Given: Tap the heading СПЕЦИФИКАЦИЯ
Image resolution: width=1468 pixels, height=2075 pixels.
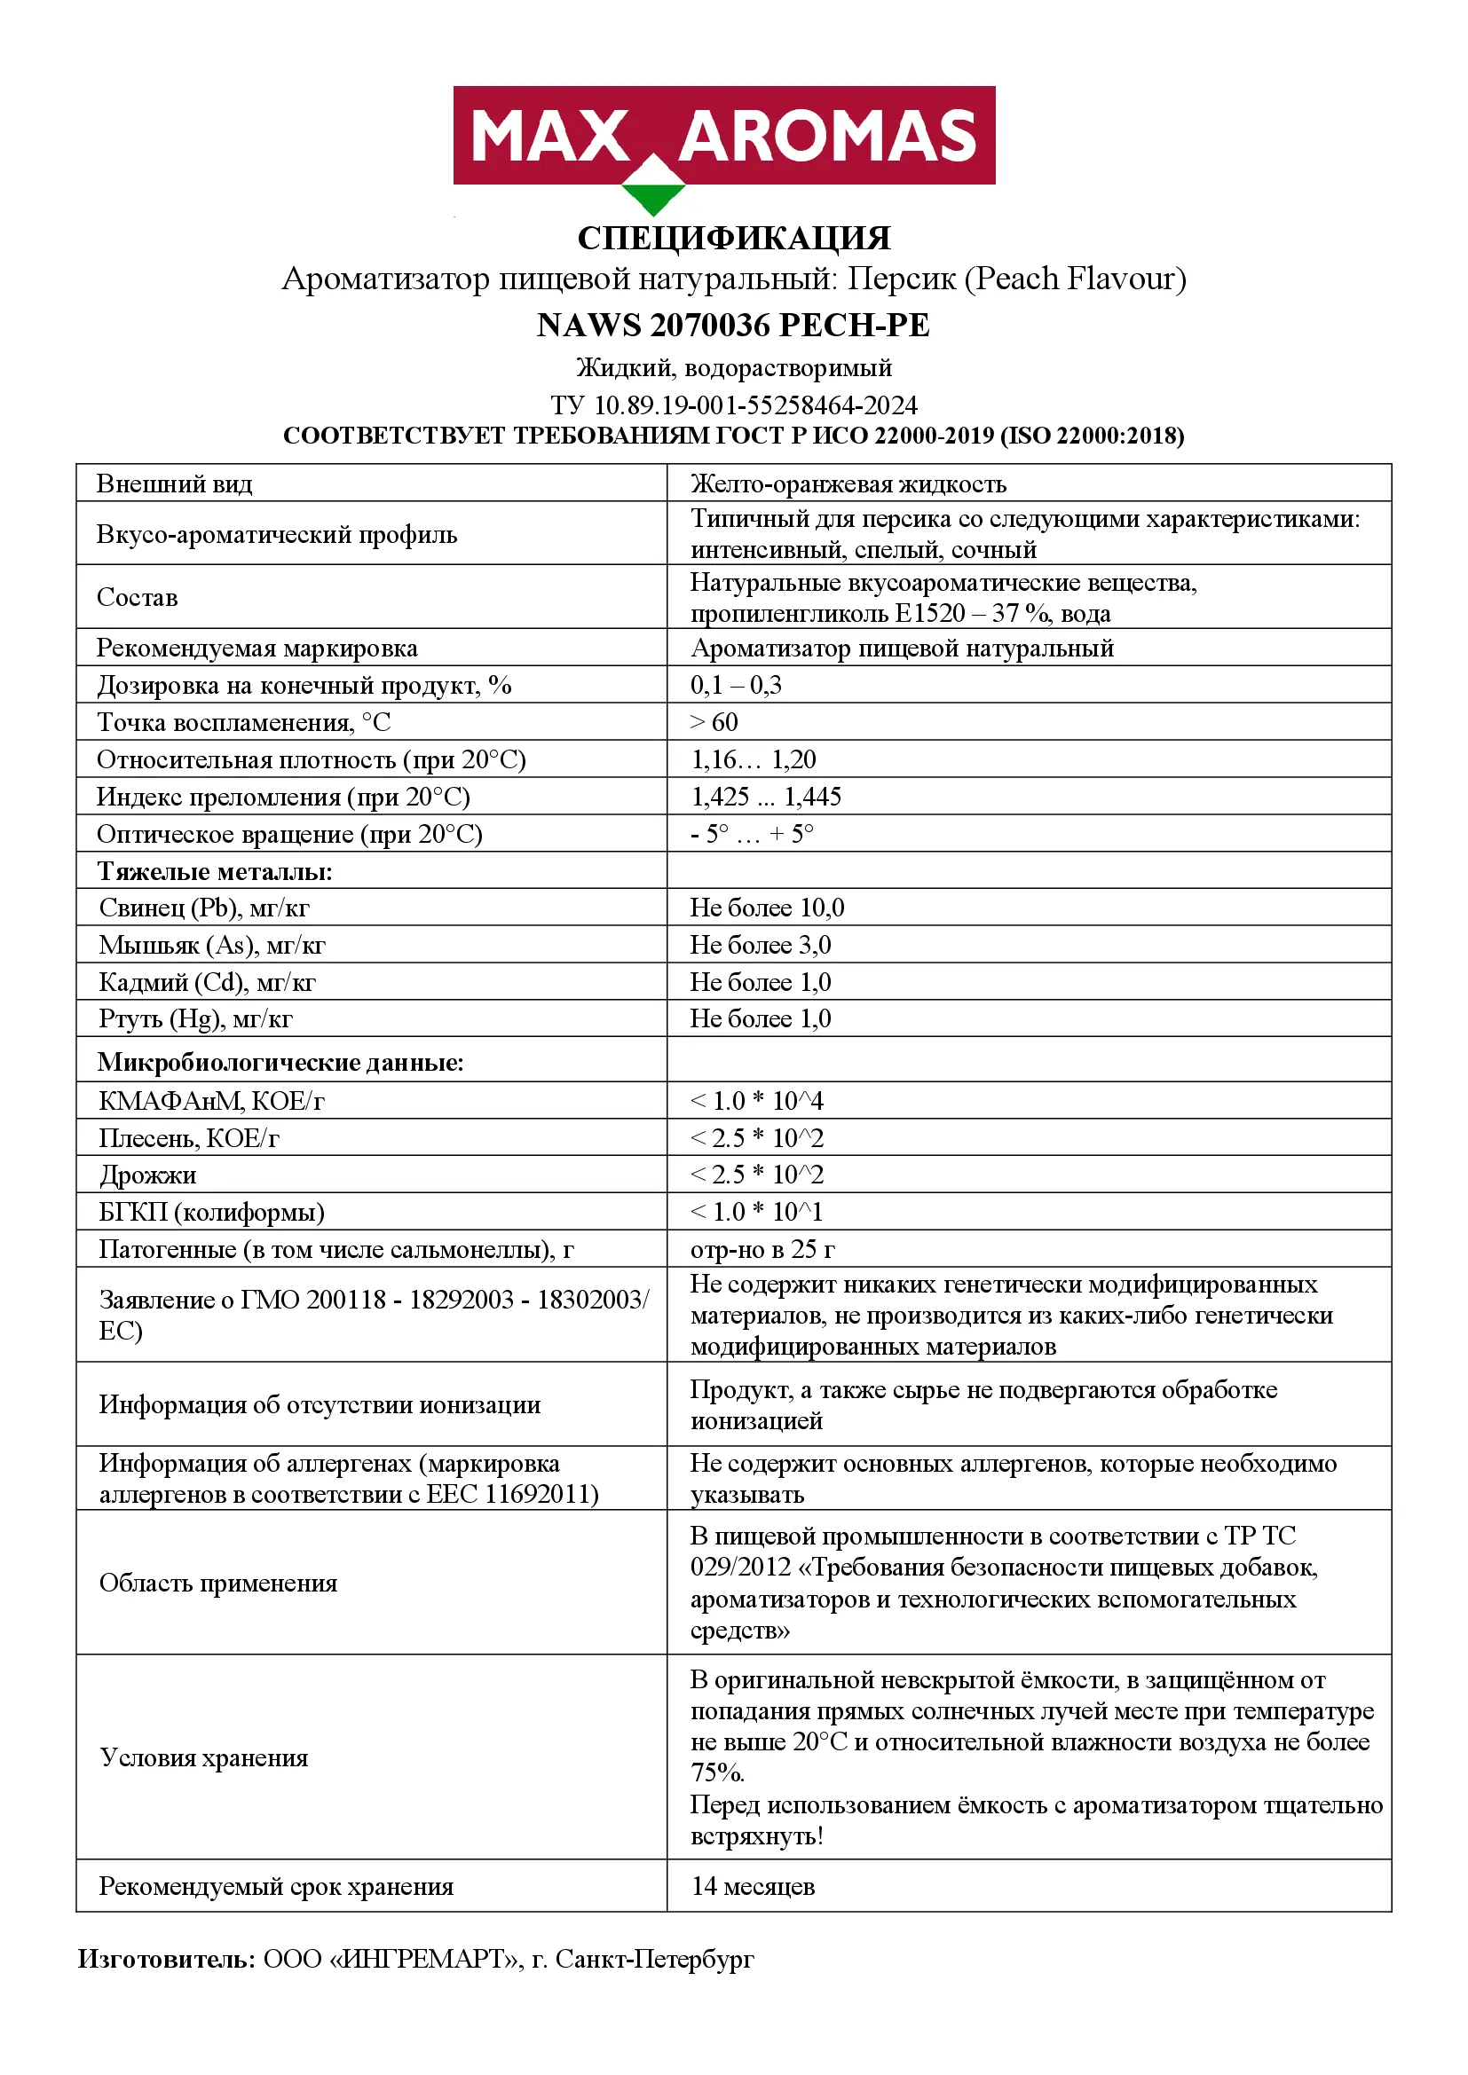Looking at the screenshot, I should pos(734,239).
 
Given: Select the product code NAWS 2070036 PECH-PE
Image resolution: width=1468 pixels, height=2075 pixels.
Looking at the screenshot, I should pos(733,326).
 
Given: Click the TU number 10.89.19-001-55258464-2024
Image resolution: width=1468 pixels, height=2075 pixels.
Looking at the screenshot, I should pos(755,405).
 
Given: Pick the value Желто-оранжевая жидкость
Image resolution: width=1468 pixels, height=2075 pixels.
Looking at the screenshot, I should pos(848,484).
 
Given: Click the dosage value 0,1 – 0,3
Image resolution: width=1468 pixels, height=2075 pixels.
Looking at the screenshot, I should pos(736,685).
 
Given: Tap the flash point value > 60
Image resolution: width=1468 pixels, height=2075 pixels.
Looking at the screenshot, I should pos(714,722).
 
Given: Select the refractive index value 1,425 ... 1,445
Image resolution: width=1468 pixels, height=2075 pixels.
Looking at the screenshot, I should pos(766,796).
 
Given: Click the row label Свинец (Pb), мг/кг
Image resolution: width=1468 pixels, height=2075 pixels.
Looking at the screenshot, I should pos(204,908).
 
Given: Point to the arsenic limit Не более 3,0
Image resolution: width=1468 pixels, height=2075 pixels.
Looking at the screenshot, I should pos(761,945).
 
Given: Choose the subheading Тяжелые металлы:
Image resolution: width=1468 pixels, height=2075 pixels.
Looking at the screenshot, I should pos(215,871).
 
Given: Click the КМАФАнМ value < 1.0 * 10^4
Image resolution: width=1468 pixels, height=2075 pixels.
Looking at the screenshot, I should pos(757,1101).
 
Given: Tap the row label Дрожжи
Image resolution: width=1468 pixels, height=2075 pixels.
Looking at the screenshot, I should pos(147,1175).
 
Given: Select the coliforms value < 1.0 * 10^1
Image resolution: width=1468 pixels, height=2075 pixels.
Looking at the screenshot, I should pos(757,1212).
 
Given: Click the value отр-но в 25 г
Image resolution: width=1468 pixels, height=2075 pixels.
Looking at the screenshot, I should pos(762,1249).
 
